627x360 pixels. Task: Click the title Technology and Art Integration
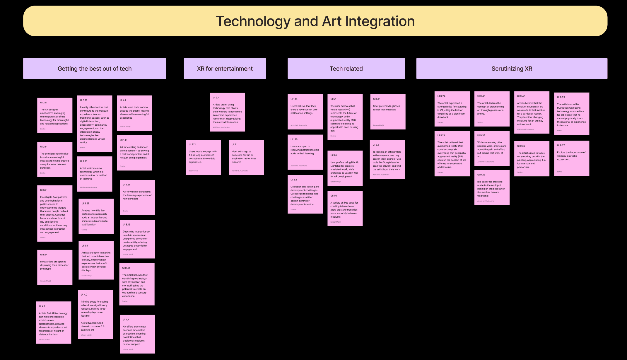coord(315,21)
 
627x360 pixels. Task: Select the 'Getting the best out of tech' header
coord(95,69)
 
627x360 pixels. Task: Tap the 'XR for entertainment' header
coord(225,69)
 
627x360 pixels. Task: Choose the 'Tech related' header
coord(346,69)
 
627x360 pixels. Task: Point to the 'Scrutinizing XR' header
coord(512,69)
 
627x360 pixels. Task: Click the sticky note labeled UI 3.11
coord(55,115)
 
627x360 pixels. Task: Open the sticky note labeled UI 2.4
coord(227,112)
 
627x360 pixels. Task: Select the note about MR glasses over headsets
coord(388,112)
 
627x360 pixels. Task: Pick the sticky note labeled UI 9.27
coord(571,158)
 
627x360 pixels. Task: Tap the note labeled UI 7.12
coord(203,157)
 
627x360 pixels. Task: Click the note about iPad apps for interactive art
coord(345,209)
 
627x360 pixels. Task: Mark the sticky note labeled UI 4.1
coord(54,323)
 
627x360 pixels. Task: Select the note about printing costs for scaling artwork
coord(95,315)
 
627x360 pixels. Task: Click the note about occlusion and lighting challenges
coord(305,194)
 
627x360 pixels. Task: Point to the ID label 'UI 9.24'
coord(441,96)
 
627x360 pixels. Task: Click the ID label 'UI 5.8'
coord(334,155)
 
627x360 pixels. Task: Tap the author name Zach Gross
coord(193,171)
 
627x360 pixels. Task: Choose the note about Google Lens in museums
coord(387,159)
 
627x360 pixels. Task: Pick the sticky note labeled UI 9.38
coord(492,187)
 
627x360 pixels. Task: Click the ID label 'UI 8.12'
coord(127,225)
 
